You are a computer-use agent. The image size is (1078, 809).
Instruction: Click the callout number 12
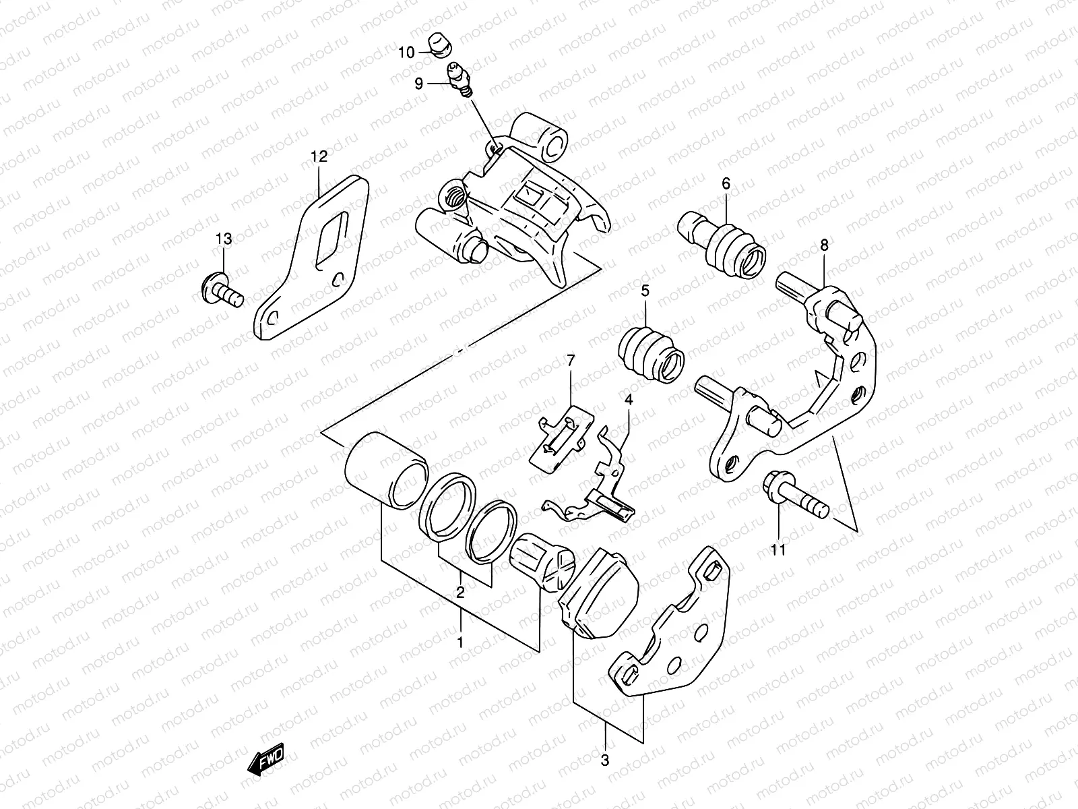pos(319,157)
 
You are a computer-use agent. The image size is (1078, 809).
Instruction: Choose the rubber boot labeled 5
pos(650,353)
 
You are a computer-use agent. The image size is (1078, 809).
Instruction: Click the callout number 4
pos(628,400)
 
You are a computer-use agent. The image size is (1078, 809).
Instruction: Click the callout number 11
pos(778,550)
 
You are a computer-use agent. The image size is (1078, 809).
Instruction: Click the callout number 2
pos(460,593)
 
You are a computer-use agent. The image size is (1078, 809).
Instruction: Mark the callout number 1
pos(460,642)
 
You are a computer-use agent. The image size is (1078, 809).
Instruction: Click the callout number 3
pos(604,761)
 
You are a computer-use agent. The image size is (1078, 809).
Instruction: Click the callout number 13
pos(224,239)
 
